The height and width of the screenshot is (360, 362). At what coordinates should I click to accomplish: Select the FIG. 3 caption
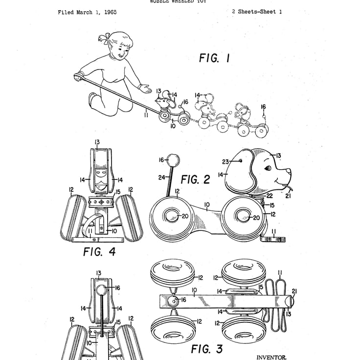coord(206,349)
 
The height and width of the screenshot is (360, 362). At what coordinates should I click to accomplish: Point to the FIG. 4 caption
coord(99,252)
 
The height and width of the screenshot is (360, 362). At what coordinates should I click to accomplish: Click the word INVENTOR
coord(271,357)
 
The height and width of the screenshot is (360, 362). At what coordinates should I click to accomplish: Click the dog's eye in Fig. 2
coord(268,168)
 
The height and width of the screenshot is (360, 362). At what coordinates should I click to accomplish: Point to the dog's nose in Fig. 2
coord(288,172)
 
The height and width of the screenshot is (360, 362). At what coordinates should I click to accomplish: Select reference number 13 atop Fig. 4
coord(97,142)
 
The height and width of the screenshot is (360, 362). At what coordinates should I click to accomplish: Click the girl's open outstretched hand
coord(145,89)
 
